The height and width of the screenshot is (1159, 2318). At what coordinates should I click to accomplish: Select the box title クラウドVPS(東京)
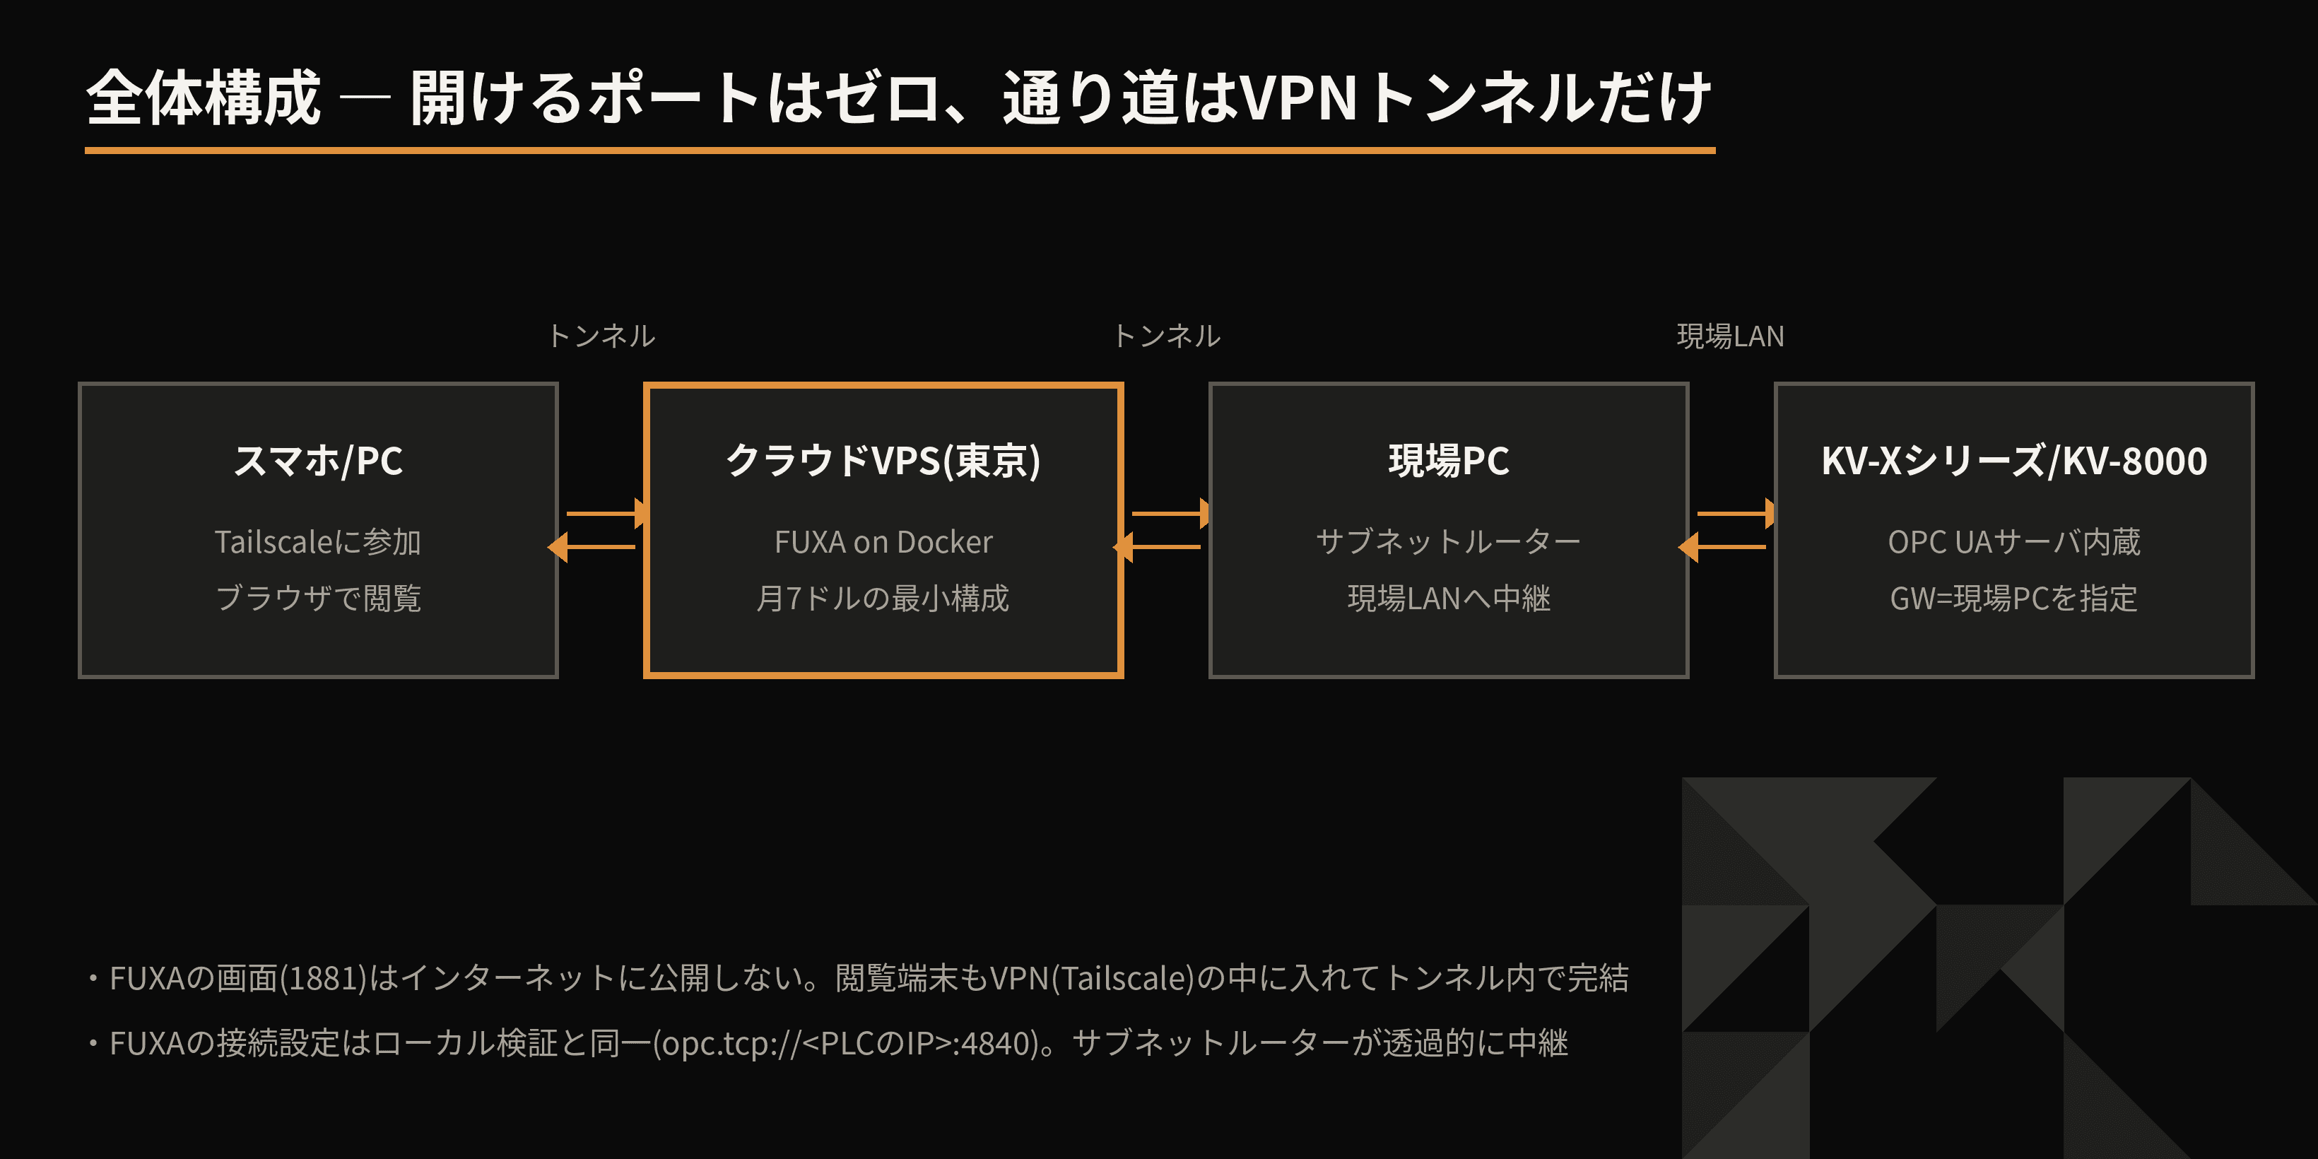pyautogui.click(x=883, y=461)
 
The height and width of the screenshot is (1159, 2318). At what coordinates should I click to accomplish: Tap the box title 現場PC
pyautogui.click(x=1449, y=461)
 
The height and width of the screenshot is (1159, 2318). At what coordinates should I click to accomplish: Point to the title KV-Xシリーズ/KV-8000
pyautogui.click(x=2014, y=461)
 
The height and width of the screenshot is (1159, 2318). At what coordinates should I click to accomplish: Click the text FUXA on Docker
pyautogui.click(x=883, y=542)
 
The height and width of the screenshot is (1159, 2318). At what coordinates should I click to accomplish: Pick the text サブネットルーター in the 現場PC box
pyautogui.click(x=1449, y=542)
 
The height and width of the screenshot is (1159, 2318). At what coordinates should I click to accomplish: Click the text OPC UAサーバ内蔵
pyautogui.click(x=2014, y=542)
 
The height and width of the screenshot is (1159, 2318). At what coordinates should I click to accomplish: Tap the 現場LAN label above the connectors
pyautogui.click(x=1731, y=336)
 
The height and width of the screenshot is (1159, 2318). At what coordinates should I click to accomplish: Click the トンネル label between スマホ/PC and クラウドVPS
pyautogui.click(x=601, y=336)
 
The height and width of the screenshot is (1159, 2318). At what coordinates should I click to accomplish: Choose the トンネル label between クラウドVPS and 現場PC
pyautogui.click(x=1166, y=336)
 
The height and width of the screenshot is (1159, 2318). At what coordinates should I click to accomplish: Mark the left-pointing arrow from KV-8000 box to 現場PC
pyautogui.click(x=1722, y=546)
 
